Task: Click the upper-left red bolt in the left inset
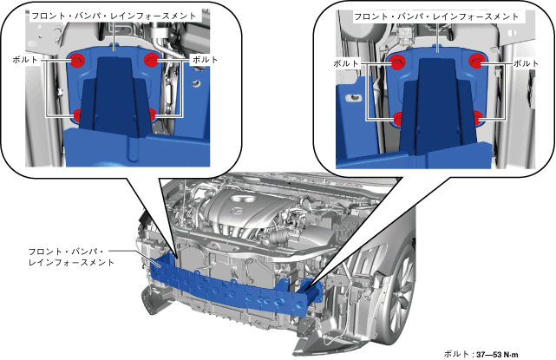click(x=77, y=60)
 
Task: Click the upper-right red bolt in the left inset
click(x=151, y=59)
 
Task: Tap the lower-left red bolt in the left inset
click(x=77, y=115)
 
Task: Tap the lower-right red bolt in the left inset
click(x=152, y=115)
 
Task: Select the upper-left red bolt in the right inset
click(x=397, y=62)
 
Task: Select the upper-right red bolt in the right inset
click(x=476, y=61)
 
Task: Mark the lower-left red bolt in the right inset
click(x=398, y=119)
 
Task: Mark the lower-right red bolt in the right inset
click(x=478, y=117)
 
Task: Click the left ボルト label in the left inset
click(x=25, y=60)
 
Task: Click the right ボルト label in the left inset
click(x=205, y=60)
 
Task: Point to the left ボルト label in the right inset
click(x=346, y=63)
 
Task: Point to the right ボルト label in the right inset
click(x=527, y=63)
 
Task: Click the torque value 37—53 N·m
click(x=497, y=354)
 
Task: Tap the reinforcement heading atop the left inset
click(x=114, y=16)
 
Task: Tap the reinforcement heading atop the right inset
click(x=436, y=16)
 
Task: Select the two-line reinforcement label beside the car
click(x=71, y=257)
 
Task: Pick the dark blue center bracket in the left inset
click(x=114, y=95)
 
